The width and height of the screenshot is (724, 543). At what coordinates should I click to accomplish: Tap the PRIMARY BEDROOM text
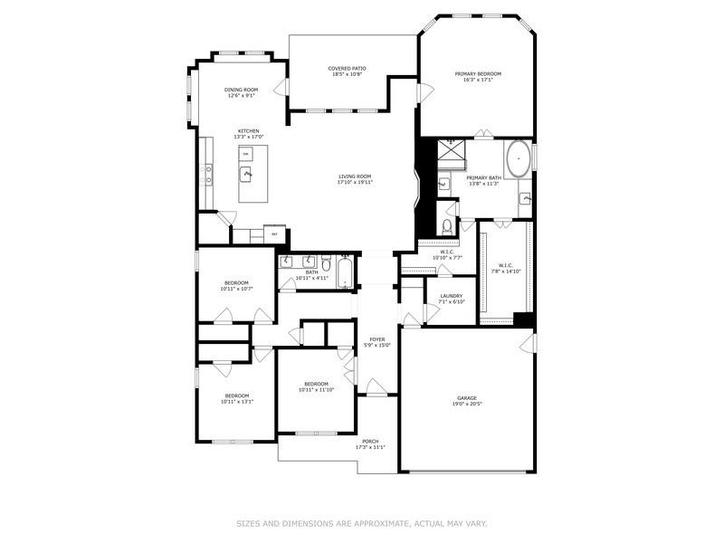click(x=477, y=74)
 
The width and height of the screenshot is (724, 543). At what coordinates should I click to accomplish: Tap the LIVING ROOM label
click(x=355, y=176)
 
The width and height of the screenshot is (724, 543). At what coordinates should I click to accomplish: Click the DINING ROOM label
click(x=242, y=90)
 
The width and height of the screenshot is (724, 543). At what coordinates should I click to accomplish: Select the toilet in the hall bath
click(x=326, y=265)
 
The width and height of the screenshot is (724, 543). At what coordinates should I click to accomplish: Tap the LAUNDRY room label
click(x=452, y=296)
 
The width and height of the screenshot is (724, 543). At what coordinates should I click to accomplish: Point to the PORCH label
click(x=370, y=442)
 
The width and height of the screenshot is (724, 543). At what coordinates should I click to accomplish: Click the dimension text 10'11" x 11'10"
click(x=317, y=389)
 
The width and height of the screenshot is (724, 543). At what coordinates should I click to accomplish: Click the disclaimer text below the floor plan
click(x=361, y=522)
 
